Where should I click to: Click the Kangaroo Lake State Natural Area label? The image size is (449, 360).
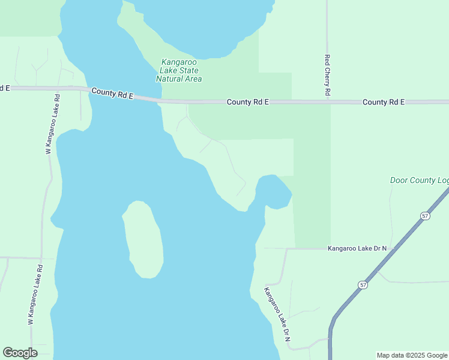179,70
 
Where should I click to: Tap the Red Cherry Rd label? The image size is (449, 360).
327,76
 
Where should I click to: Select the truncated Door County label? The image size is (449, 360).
419,180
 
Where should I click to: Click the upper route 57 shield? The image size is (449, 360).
425,215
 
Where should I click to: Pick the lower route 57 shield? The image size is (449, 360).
363,284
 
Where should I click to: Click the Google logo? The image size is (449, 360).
20,353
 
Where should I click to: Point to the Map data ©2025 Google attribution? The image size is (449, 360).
412,355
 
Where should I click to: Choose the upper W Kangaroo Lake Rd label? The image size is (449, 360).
53,124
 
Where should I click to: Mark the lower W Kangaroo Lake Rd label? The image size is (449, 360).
35,295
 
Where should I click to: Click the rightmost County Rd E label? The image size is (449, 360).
384,102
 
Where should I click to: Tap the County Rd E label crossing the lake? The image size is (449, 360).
112,94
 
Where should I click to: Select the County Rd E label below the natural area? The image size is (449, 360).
247,102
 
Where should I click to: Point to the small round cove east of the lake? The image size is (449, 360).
273,191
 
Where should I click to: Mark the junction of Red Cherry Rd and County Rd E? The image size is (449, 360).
327,101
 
